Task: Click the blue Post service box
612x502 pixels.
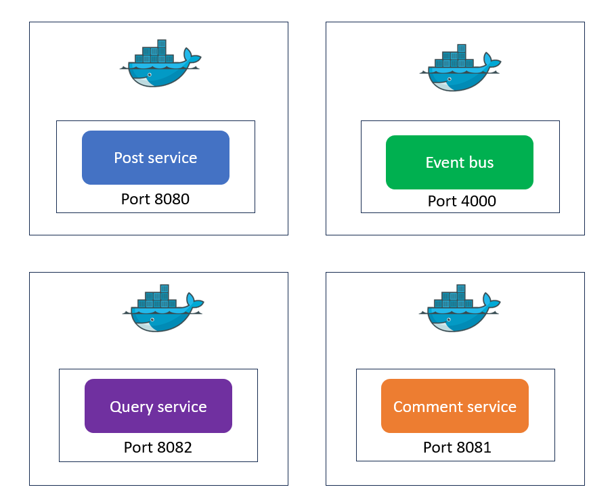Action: point(156,158)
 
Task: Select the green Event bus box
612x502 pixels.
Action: point(460,162)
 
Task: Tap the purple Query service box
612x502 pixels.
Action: point(158,406)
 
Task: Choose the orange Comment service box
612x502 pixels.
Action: point(455,406)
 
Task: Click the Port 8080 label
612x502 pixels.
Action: point(155,199)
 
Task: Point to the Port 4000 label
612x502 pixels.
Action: point(462,201)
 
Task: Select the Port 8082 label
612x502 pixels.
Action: point(158,447)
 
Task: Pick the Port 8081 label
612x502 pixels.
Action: point(457,447)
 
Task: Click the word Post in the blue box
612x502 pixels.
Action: point(128,158)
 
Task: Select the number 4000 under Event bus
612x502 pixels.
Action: point(477,201)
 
